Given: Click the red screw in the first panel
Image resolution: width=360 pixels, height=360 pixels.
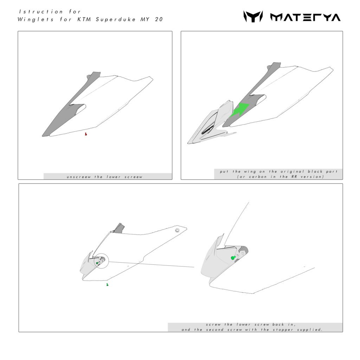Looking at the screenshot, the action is [86, 134].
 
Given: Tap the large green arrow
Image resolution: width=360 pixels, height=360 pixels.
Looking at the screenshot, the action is [240, 110].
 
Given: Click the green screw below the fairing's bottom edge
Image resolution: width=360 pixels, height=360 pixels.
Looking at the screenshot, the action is [107, 285].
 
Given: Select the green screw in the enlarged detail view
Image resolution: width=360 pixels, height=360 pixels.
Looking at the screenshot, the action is [233, 258].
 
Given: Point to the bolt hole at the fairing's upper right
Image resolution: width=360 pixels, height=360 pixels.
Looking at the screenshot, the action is [177, 230].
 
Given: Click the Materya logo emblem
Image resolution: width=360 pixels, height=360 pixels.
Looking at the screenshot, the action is [253, 17].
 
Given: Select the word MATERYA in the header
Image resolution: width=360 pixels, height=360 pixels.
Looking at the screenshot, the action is [306, 17].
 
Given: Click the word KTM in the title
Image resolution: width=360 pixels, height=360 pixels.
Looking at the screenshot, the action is [84, 19].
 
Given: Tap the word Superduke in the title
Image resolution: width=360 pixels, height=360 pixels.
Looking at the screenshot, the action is [116, 20].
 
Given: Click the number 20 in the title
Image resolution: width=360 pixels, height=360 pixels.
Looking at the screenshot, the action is [159, 19].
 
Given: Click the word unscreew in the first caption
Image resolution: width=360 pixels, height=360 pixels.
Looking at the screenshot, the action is [79, 177].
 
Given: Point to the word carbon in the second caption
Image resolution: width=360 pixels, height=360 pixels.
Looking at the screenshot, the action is [258, 176].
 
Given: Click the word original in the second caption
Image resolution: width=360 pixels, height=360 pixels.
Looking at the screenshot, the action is [292, 172].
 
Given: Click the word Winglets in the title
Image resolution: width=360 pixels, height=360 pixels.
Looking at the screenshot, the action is [36, 19].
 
